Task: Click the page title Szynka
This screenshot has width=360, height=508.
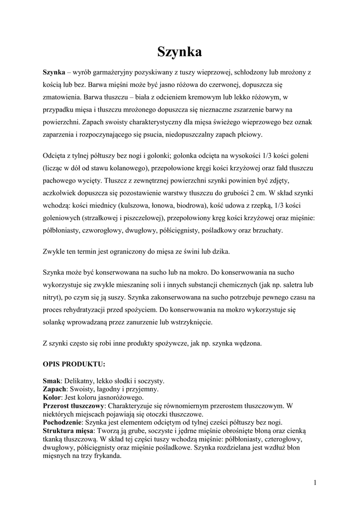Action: point(180,52)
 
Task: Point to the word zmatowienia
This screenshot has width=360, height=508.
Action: point(61,98)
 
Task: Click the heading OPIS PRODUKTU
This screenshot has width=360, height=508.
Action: point(74,364)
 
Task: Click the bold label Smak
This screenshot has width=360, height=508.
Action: point(52,381)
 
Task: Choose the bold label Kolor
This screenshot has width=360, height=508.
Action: point(52,398)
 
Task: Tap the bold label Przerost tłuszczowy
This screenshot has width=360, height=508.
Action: point(74,406)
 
